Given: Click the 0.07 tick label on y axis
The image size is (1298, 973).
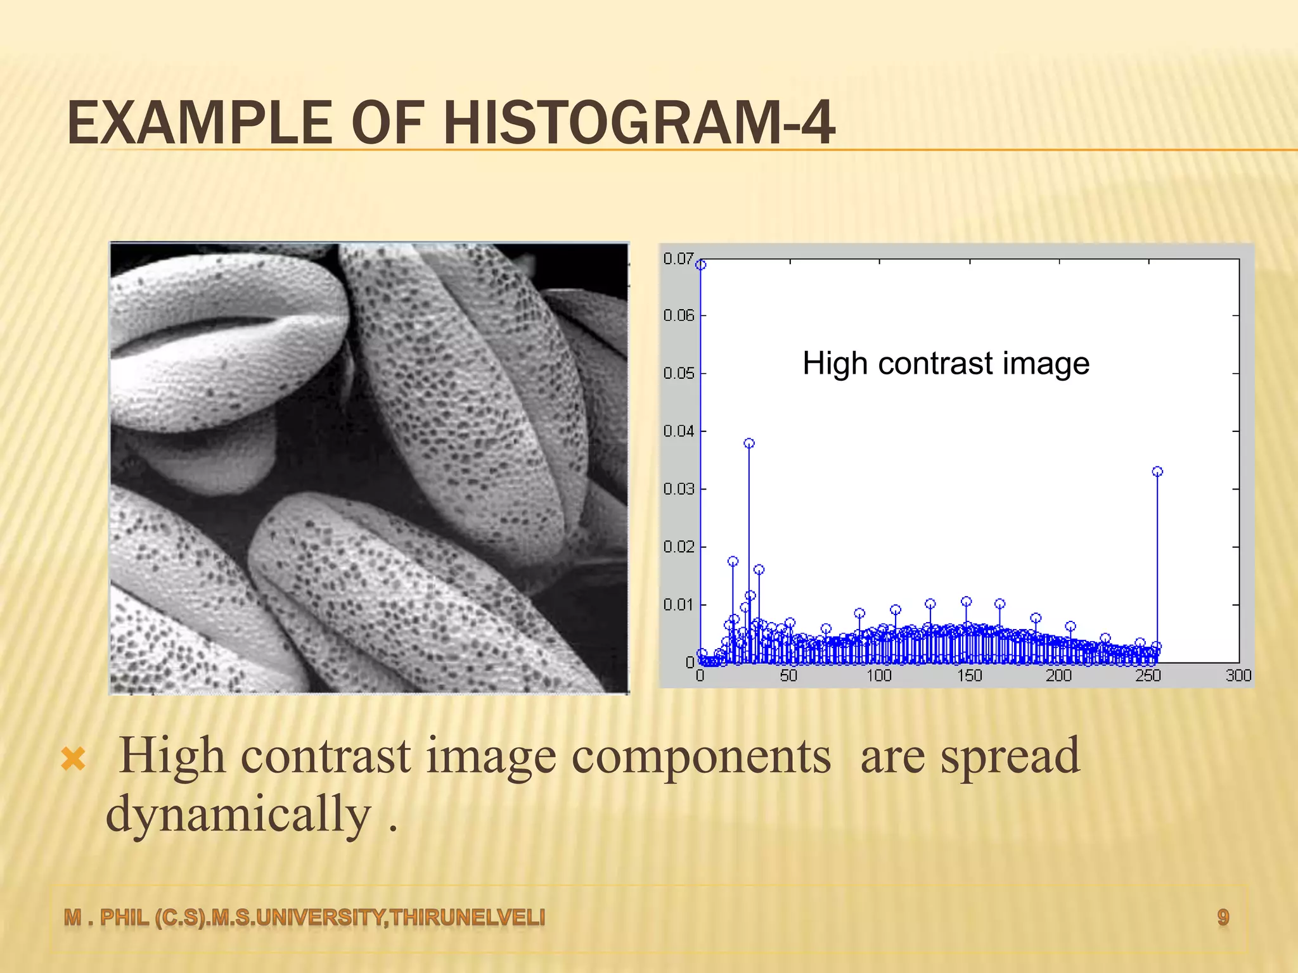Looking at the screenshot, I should click(678, 258).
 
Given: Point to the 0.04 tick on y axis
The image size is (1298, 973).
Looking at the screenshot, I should click(678, 431).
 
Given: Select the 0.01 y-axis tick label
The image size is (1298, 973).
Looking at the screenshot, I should click(678, 605).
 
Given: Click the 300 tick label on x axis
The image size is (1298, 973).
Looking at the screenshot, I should click(1238, 676).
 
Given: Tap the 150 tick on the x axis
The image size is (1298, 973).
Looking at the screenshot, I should click(969, 676).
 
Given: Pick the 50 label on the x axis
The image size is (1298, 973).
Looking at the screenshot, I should click(789, 676).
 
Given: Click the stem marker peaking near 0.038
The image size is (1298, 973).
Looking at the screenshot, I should click(749, 443).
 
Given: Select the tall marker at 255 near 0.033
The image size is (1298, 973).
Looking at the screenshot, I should click(1157, 471).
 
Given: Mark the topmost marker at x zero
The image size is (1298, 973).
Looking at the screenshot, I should click(700, 265).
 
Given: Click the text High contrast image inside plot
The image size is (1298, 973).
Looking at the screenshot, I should click(946, 364).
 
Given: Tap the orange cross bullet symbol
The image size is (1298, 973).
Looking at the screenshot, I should click(74, 758).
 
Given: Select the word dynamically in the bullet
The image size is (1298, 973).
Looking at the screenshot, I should click(238, 815).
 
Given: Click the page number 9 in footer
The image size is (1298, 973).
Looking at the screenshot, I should click(1223, 917).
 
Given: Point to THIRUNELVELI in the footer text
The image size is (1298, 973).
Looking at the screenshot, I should click(468, 917).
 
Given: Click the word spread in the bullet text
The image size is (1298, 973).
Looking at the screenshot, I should click(1010, 757).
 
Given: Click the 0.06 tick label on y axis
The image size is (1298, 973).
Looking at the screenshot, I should click(678, 315).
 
